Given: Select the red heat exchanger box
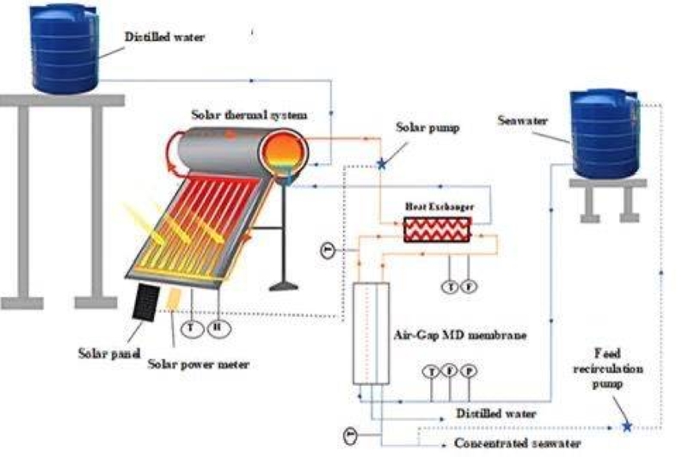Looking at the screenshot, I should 439,229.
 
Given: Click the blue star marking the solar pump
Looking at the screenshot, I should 382,163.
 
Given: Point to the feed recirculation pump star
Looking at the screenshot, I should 627,425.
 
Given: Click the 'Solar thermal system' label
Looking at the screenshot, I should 249,114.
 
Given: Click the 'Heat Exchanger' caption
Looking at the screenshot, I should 439,207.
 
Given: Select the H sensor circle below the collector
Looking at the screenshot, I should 220,326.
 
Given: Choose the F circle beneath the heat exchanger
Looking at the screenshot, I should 469,286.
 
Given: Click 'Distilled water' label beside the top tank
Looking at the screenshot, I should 160,37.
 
